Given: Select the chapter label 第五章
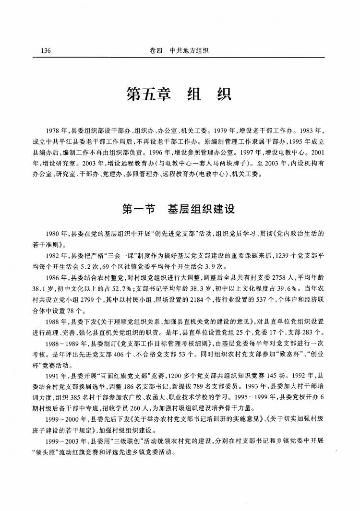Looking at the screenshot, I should click(149, 93).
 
